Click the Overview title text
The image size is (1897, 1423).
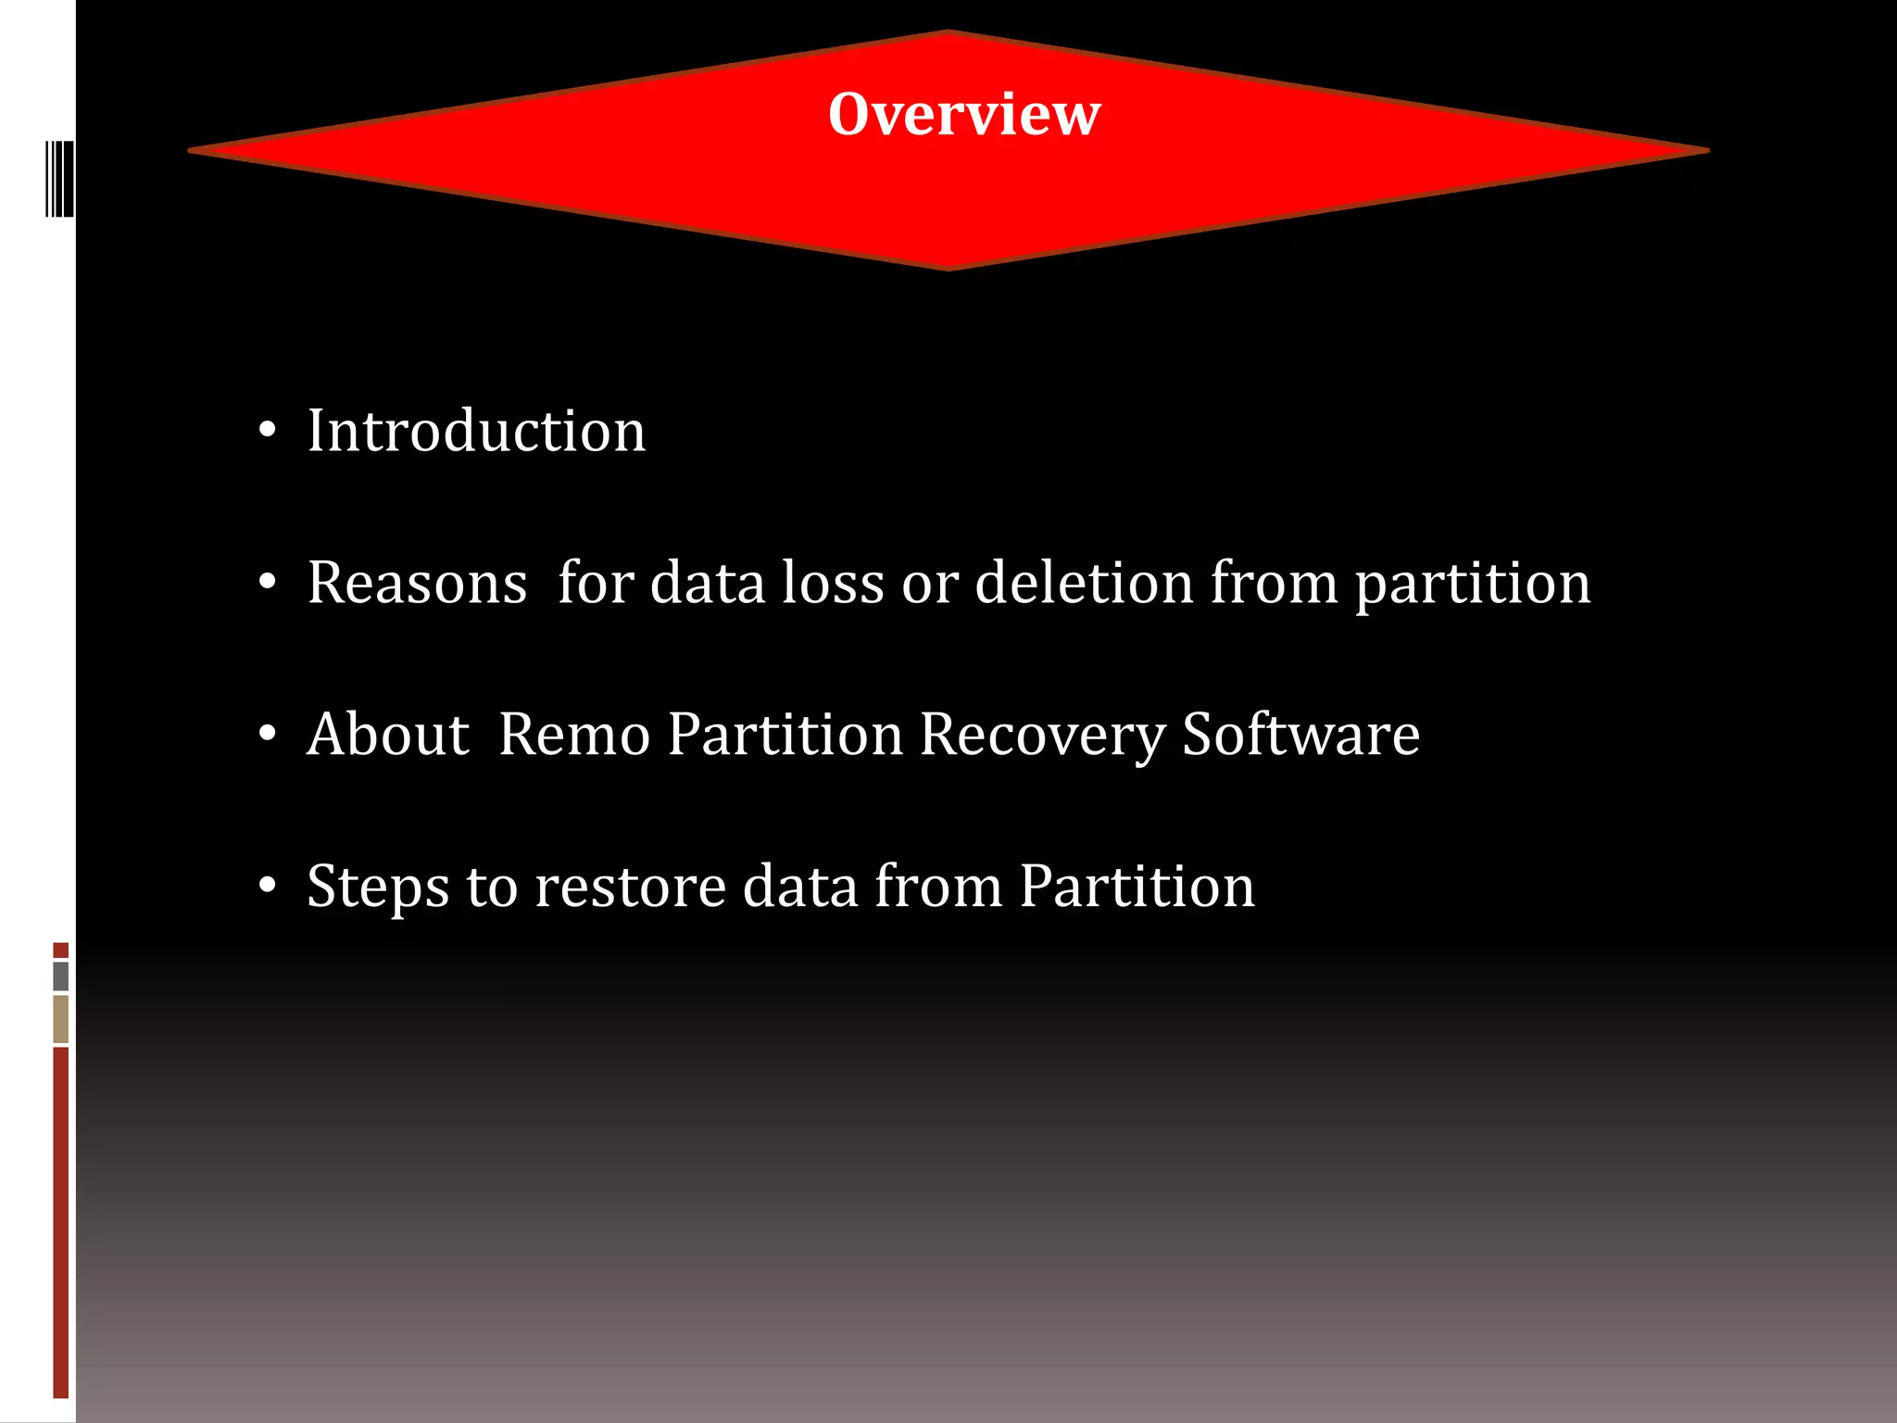(964, 114)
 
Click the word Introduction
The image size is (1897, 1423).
(476, 432)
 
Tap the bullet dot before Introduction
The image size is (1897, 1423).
(268, 430)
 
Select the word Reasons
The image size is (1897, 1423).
(417, 584)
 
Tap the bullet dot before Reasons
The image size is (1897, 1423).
(268, 582)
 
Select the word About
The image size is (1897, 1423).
(388, 735)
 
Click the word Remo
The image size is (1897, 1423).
(574, 735)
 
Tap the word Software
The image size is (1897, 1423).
(1300, 735)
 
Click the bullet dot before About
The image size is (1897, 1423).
(268, 734)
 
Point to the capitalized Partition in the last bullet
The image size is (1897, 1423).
(1137, 887)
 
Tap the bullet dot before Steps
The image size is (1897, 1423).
(268, 886)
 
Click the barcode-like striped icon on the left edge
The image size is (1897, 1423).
(59, 178)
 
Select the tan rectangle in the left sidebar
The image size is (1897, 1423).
(61, 1018)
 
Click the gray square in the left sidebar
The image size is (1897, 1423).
(61, 976)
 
